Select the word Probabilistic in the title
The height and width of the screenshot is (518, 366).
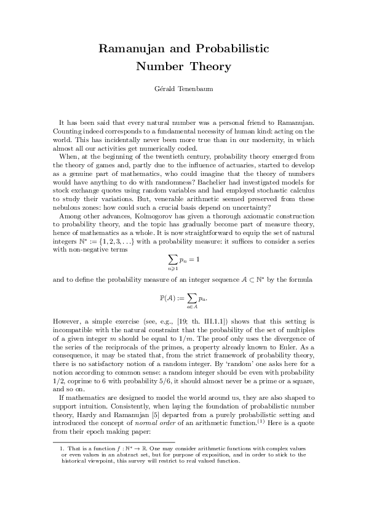pos(233,49)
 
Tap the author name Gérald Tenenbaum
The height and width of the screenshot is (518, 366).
pos(183,90)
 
